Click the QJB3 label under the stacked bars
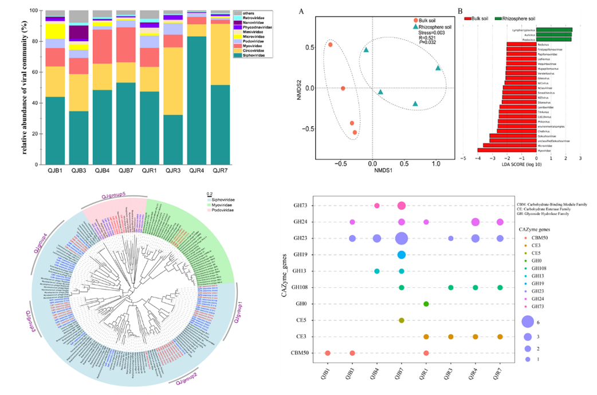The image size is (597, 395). pyautogui.click(x=78, y=170)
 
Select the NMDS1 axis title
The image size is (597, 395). pyautogui.click(x=373, y=171)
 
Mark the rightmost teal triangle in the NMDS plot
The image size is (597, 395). pyautogui.click(x=438, y=68)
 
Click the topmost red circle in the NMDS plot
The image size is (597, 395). pyautogui.click(x=331, y=45)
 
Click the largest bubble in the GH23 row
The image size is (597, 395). pyautogui.click(x=401, y=238)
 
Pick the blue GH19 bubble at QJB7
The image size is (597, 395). pyautogui.click(x=401, y=255)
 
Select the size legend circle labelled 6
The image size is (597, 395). pyautogui.click(x=528, y=322)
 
